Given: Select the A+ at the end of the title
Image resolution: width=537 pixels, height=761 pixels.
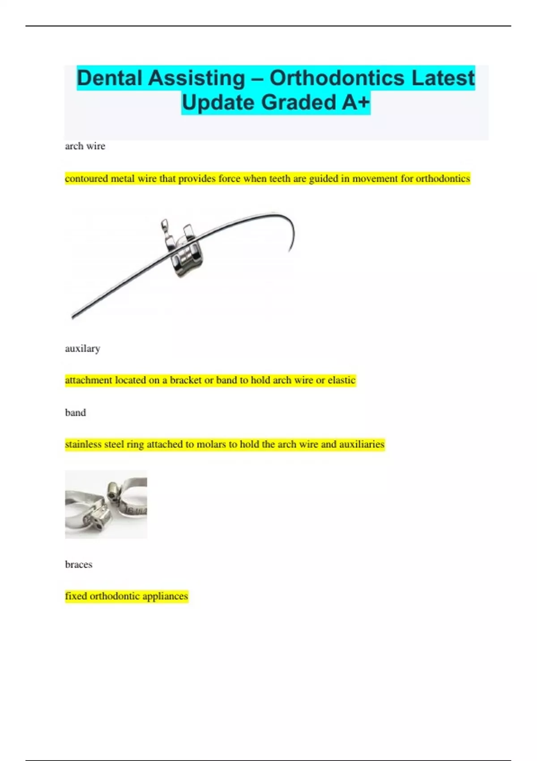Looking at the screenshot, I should coord(356,103).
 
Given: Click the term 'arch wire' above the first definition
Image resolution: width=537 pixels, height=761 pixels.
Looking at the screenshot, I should coord(85,146).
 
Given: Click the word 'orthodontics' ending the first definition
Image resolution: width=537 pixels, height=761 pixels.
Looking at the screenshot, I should coord(443,179).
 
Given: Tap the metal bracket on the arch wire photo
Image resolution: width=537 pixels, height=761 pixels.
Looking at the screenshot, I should coord(183,251).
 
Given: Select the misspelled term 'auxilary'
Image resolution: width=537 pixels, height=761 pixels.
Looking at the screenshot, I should coord(82,348).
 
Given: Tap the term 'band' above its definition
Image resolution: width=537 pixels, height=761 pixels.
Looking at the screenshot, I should coord(75,412).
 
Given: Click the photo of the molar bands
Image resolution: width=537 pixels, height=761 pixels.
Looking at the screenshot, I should coord(106,504).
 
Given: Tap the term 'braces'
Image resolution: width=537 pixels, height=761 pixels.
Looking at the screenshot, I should coord(79,564).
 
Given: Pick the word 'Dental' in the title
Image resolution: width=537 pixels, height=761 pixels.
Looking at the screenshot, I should coord(110,78).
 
